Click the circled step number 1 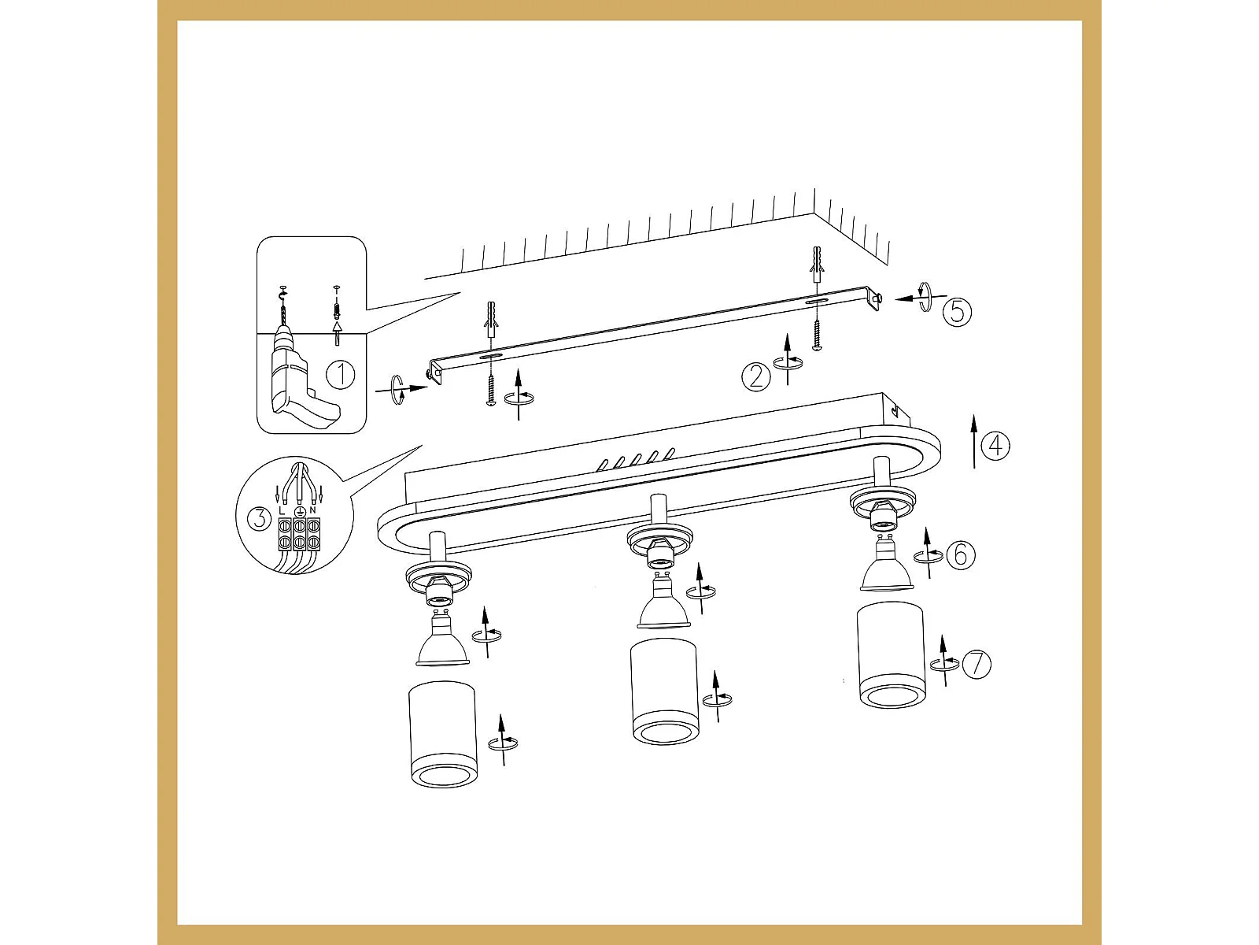[x=341, y=375]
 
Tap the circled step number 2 [x=756, y=377]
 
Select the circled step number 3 [x=259, y=519]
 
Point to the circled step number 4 [x=995, y=445]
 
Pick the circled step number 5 [x=958, y=312]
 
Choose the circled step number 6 [x=961, y=555]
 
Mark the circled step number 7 [x=977, y=665]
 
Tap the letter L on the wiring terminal [x=281, y=510]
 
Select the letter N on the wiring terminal [x=312, y=510]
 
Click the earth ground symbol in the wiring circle [x=298, y=511]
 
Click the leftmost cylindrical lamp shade [x=442, y=734]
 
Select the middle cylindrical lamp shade [x=664, y=691]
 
